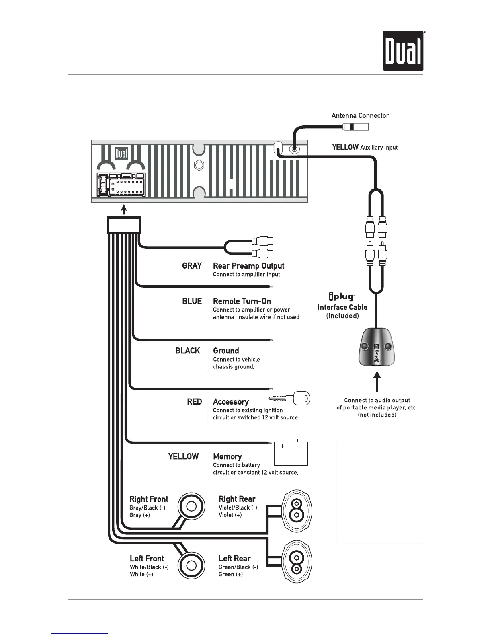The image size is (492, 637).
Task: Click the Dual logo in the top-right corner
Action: click(403, 51)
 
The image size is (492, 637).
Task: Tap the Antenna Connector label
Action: click(360, 116)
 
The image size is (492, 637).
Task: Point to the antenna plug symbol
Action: click(355, 127)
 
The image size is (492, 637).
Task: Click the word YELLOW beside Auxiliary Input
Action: click(345, 147)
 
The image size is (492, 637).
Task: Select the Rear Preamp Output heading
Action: click(248, 266)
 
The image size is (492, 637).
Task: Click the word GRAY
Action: click(192, 266)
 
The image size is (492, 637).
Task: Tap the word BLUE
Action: click(192, 301)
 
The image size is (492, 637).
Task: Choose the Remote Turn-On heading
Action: click(242, 301)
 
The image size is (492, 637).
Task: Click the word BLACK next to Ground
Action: click(187, 351)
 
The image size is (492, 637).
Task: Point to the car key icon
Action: click(289, 399)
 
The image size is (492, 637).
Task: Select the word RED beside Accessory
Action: click(194, 402)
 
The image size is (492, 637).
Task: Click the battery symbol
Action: click(291, 453)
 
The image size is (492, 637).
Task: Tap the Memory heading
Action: click(227, 456)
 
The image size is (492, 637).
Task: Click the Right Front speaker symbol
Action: click(191, 506)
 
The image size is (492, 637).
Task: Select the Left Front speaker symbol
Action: click(191, 565)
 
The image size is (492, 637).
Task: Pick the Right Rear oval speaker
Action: click(297, 510)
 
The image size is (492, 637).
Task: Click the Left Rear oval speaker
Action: click(297, 563)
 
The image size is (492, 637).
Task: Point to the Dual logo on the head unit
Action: click(121, 154)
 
